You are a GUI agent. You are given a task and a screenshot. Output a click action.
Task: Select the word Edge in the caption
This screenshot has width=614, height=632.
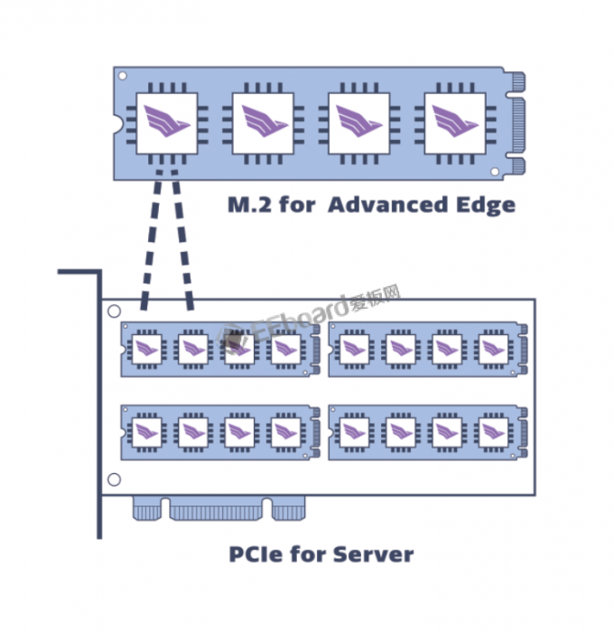coord(483,204)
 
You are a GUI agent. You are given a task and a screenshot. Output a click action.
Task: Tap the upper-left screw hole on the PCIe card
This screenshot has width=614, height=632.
coord(113,311)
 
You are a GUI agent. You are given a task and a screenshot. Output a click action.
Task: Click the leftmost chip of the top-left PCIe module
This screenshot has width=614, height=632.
coord(146,349)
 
